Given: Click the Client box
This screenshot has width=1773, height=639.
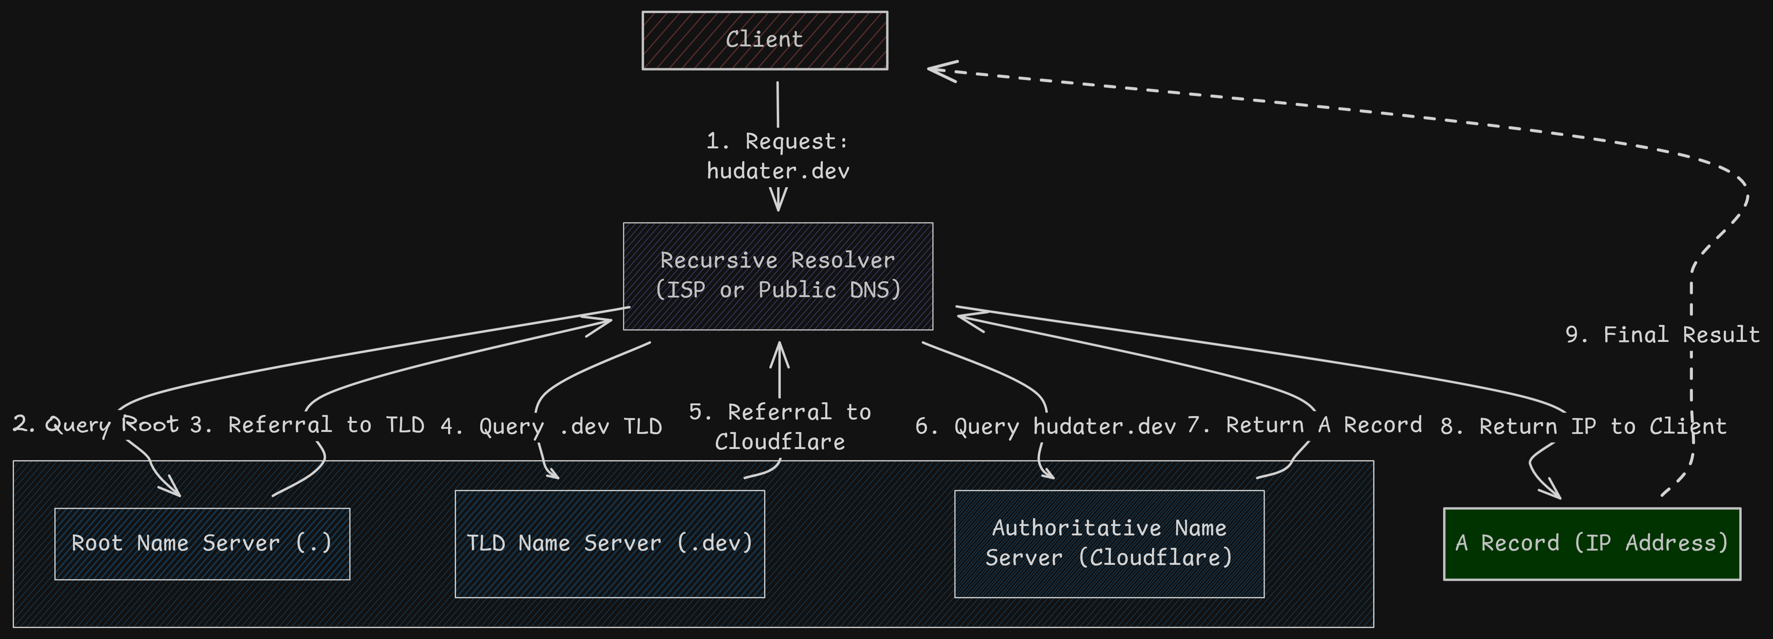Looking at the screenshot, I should point(765,40).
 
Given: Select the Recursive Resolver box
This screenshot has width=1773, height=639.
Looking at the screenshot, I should point(778,275).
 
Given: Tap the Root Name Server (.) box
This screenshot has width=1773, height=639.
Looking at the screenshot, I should point(202,543).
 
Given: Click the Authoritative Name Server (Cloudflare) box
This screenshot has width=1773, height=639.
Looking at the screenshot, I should point(1109,543).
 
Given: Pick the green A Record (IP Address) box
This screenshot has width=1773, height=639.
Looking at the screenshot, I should point(1591,543).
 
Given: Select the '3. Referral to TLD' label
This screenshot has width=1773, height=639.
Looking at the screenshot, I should point(307,425).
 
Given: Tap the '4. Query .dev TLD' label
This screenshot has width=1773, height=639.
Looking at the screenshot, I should point(551,426).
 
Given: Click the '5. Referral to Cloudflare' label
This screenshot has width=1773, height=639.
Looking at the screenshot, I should point(780,427).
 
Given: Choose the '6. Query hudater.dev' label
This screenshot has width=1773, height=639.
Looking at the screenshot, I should point(1045,426).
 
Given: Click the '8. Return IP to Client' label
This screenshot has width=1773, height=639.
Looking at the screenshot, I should point(1583,426).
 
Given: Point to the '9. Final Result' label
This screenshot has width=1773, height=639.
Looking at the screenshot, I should point(1662,335).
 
